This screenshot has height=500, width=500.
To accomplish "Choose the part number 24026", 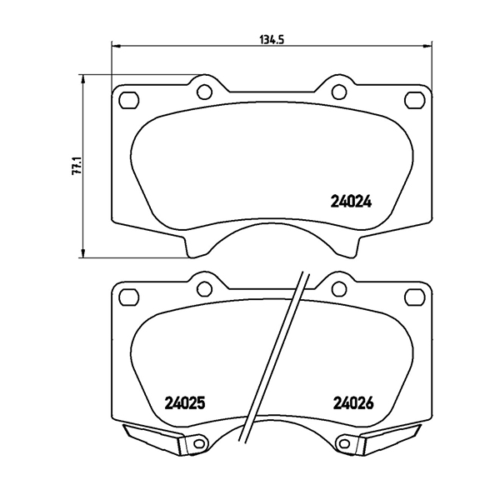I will (x=352, y=402).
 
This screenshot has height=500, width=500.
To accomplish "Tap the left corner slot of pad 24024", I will (x=128, y=101).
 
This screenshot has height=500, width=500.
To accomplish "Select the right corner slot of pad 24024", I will (x=412, y=101).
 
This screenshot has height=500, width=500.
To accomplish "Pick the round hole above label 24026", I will (x=337, y=289).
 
